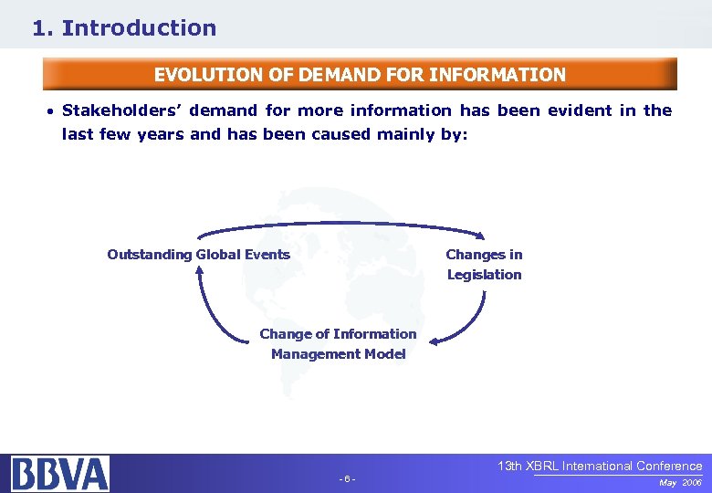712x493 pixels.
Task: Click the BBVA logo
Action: click(x=60, y=474)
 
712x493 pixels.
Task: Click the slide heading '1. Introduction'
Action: click(x=124, y=28)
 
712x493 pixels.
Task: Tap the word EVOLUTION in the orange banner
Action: click(x=201, y=75)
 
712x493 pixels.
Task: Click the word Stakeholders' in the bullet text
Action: click(x=113, y=110)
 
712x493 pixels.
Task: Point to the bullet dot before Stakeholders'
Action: click(x=51, y=111)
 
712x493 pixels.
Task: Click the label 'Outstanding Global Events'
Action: click(x=198, y=255)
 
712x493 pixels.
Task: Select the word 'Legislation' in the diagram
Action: click(x=484, y=275)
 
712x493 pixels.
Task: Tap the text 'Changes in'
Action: click(x=484, y=255)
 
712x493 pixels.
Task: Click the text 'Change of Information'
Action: click(x=338, y=334)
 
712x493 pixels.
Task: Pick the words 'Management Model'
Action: click(x=338, y=354)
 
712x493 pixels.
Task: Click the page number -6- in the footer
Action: click(x=347, y=479)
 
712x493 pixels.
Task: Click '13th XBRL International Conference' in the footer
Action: click(x=600, y=466)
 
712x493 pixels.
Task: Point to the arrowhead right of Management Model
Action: click(x=435, y=342)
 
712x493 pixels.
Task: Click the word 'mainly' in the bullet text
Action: click(x=408, y=134)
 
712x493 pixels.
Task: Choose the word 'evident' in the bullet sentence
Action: click(x=580, y=110)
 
